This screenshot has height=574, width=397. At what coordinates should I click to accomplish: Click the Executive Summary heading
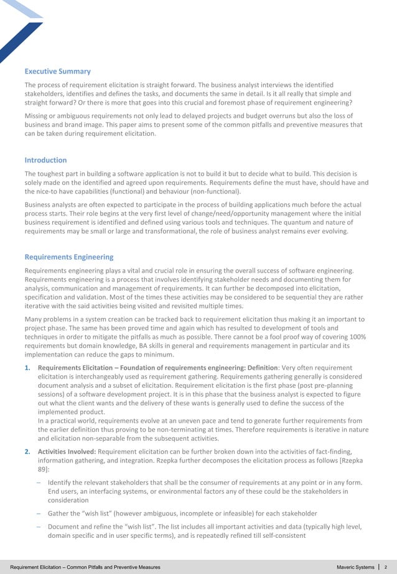pyautogui.click(x=57, y=72)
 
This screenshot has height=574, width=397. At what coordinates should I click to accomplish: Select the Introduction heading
pyautogui.click(x=45, y=160)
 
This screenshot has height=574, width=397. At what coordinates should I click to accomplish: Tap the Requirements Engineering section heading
pyautogui.click(x=68, y=256)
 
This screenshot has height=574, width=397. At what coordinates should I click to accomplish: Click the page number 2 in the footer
pyautogui.click(x=386, y=567)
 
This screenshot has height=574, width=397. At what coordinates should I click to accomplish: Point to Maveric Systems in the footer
pyautogui.click(x=355, y=567)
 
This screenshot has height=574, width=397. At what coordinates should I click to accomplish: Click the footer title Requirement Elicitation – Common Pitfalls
pyautogui.click(x=80, y=567)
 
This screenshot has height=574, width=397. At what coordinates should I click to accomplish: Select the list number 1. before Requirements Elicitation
pyautogui.click(x=28, y=368)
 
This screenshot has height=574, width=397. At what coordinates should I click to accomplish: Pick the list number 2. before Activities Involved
pyautogui.click(x=28, y=451)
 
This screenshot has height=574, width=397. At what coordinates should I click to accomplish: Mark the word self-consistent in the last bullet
pyautogui.click(x=278, y=535)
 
